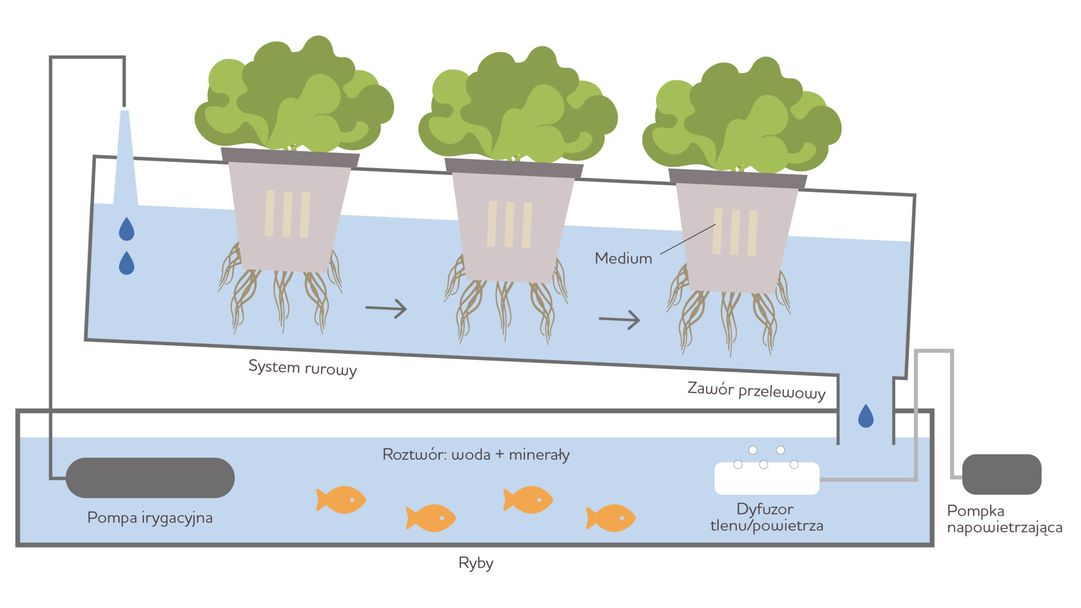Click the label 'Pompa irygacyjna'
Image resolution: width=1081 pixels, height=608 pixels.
[150, 518]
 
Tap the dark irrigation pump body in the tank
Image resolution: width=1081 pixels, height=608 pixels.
[150, 478]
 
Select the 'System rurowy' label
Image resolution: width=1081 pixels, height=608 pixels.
[302, 368]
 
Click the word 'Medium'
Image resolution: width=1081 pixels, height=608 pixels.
[623, 258]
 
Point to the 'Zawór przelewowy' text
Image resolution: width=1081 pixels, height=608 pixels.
[756, 391]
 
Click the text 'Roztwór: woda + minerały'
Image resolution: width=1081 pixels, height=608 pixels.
[476, 455]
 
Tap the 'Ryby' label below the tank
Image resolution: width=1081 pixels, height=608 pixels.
[476, 563]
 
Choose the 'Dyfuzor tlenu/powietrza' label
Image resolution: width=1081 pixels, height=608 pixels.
[766, 518]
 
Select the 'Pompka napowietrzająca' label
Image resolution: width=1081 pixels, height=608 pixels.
[1004, 519]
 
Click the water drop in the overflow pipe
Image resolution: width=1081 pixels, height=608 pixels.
[866, 416]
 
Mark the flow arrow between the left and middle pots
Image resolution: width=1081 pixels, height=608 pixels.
[386, 309]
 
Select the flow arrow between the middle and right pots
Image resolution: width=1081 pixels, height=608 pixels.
[619, 320]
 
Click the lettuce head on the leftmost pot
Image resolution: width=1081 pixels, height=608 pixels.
[294, 97]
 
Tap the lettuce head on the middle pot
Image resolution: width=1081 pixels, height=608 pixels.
[518, 108]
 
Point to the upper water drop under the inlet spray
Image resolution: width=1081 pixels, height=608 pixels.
[127, 229]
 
